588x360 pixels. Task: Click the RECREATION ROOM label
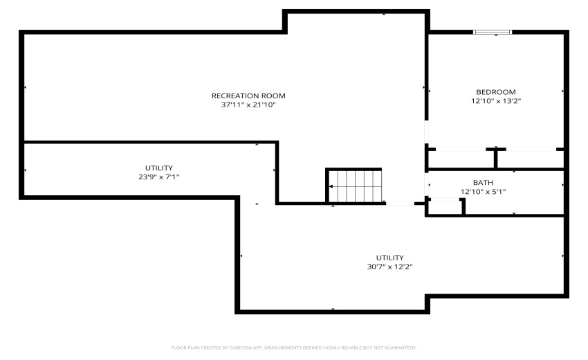click(x=248, y=96)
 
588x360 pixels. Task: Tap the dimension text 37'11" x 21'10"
click(x=248, y=105)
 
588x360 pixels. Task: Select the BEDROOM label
click(x=495, y=92)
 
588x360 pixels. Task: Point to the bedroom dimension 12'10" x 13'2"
click(x=495, y=101)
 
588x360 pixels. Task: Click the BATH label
click(x=483, y=183)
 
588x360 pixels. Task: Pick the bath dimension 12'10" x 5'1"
click(x=483, y=192)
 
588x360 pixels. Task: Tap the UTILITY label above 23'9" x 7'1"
click(x=158, y=168)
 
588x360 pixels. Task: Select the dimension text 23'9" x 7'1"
click(x=158, y=177)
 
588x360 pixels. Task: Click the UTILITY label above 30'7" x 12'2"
click(x=390, y=258)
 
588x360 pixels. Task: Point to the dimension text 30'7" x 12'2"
click(x=390, y=267)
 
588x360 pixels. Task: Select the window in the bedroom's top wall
click(x=493, y=31)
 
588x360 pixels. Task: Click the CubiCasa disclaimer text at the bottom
click(x=293, y=348)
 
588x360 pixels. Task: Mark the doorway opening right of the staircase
click(x=399, y=204)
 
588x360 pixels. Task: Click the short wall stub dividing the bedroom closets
click(x=496, y=159)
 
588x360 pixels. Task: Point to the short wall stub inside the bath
click(x=463, y=206)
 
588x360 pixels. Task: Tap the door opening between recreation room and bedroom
click(x=426, y=132)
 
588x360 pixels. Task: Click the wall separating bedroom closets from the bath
click(x=495, y=169)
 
